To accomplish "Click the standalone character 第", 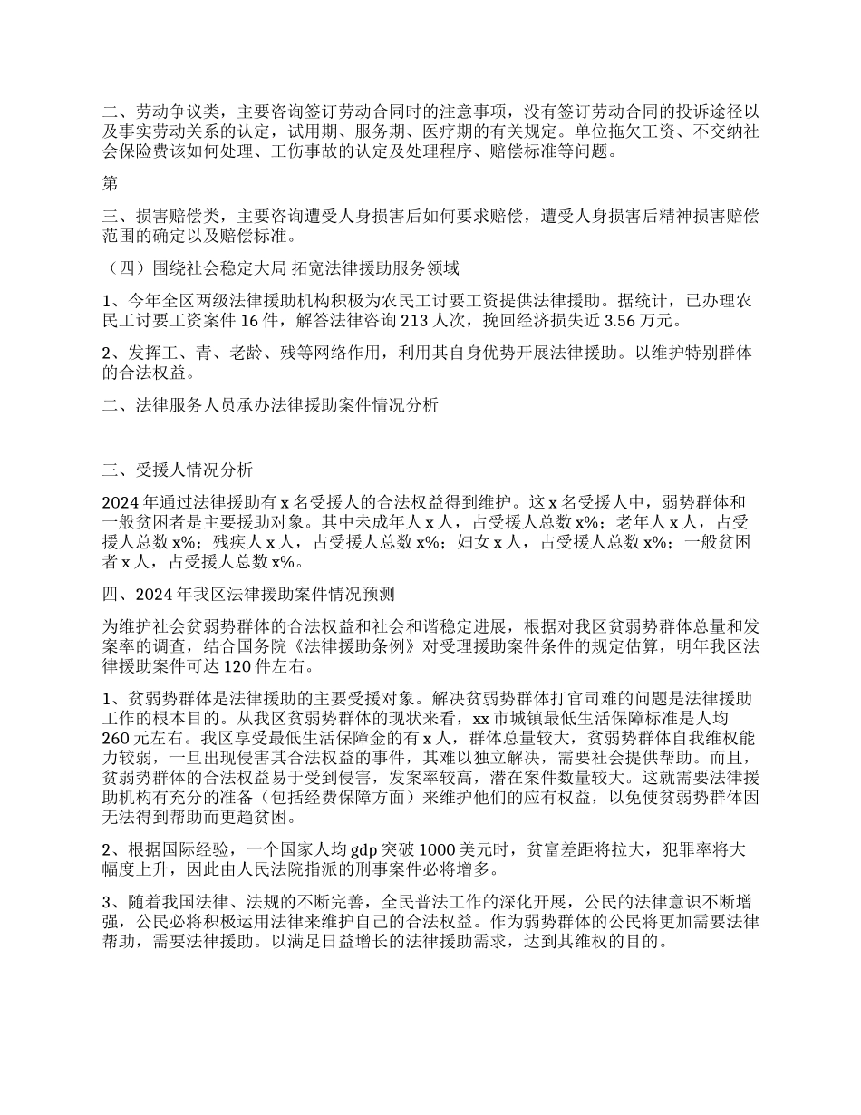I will click(110, 185).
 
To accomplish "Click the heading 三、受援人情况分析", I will click(170, 470).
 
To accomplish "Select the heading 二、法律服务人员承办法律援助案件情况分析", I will click(270, 406).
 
